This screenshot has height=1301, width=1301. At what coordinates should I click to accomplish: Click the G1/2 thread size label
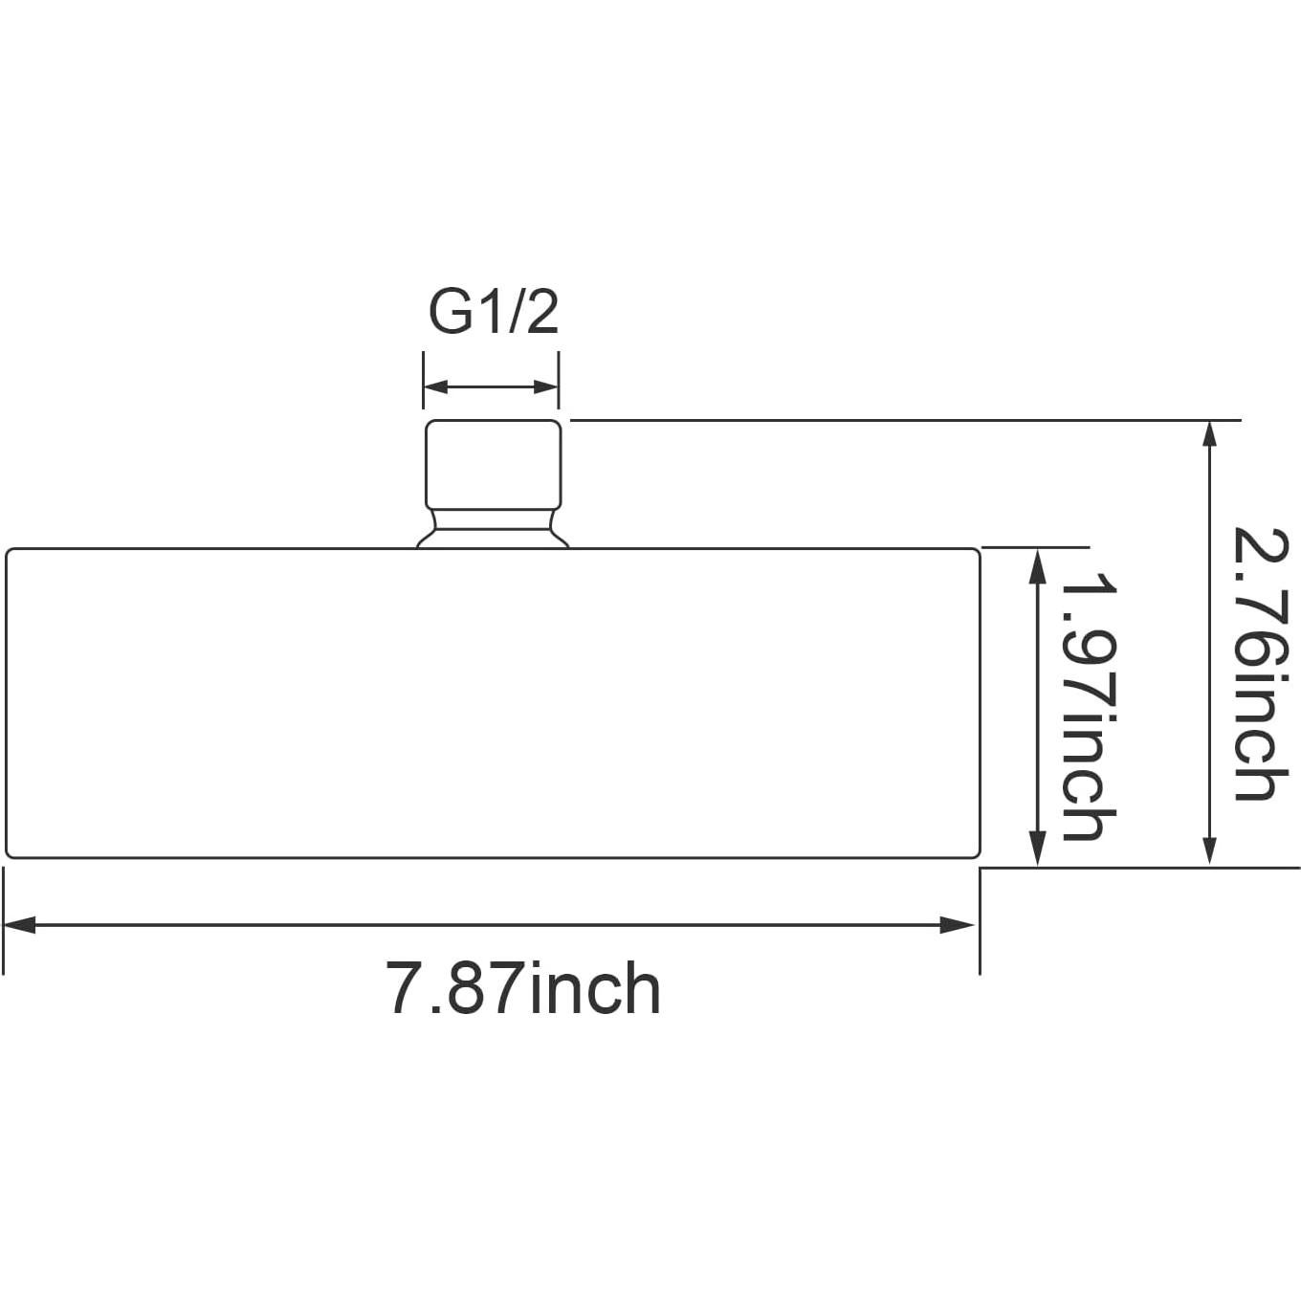(493, 312)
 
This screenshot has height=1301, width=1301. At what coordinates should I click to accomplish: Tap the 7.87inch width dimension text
(522, 989)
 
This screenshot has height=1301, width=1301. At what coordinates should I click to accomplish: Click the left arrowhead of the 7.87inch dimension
(19, 925)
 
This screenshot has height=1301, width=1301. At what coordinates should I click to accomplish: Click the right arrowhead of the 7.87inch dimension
(959, 925)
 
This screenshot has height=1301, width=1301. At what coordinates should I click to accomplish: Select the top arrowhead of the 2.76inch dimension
(1210, 434)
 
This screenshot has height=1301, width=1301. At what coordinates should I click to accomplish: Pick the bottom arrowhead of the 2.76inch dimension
(1210, 849)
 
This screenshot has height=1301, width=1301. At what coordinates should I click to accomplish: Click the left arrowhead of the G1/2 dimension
(435, 387)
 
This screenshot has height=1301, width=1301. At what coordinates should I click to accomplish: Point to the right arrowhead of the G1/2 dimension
(547, 387)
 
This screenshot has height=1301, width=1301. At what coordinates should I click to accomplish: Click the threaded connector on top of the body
(493, 464)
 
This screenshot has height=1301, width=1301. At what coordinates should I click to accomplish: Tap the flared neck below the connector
(493, 529)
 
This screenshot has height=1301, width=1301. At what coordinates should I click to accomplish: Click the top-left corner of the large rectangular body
(10, 552)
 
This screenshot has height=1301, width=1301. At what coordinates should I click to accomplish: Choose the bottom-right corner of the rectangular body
(977, 854)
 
